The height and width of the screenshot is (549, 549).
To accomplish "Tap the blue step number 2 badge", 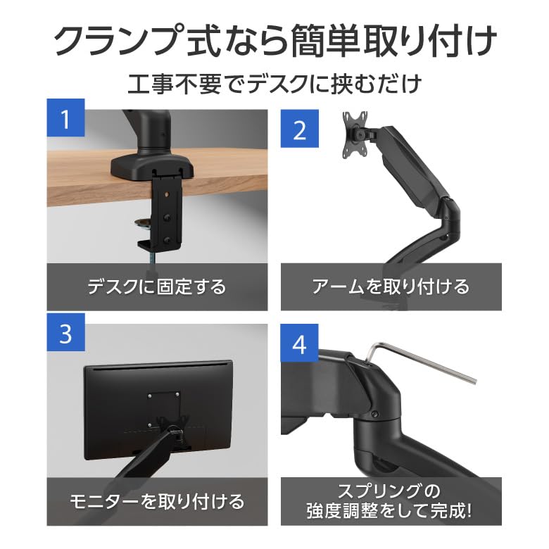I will tap(300, 129).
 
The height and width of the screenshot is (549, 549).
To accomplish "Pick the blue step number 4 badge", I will tap(300, 345).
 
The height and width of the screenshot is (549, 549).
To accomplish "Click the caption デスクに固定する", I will tap(157, 286).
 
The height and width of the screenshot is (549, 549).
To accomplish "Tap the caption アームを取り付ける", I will tap(391, 286).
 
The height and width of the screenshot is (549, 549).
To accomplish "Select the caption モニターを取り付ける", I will tap(157, 501).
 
